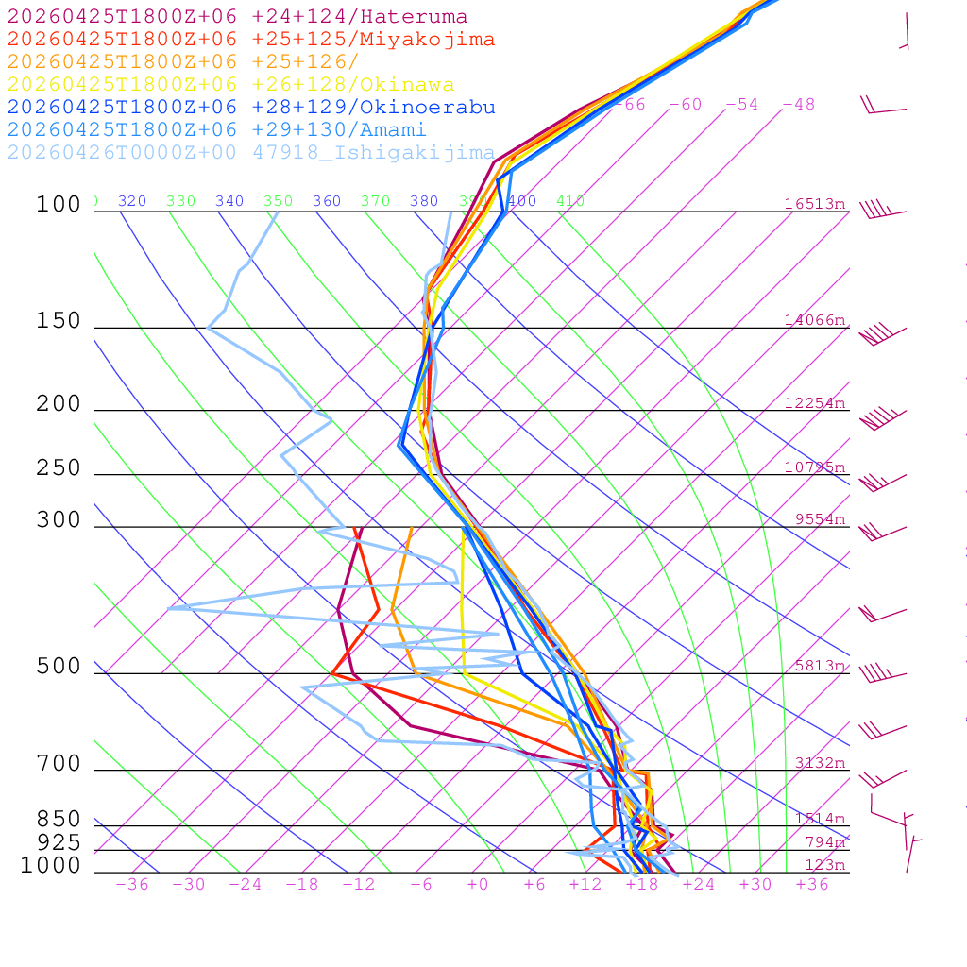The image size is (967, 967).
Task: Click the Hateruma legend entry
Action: pyautogui.click(x=237, y=17)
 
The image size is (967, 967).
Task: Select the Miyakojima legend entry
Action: pyautogui.click(x=250, y=40)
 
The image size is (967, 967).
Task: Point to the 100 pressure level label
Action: pyautogui.click(x=59, y=205)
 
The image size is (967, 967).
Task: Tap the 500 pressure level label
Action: pyautogui.click(x=59, y=668)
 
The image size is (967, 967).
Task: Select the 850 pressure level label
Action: pyautogui.click(x=59, y=820)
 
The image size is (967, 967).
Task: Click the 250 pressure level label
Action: pyautogui.click(x=59, y=468)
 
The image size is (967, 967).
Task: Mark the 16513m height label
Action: pyautogui.click(x=815, y=204)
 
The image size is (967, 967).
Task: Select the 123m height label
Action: pyautogui.click(x=824, y=865)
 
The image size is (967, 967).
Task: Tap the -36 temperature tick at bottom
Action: pyautogui.click(x=132, y=885)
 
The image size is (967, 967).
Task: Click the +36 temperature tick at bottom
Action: pyautogui.click(x=812, y=885)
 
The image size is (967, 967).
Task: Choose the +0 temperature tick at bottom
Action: pyautogui.click(x=478, y=885)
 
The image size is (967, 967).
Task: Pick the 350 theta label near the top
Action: pyautogui.click(x=278, y=201)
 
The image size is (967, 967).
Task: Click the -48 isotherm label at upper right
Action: pyautogui.click(x=799, y=105)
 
